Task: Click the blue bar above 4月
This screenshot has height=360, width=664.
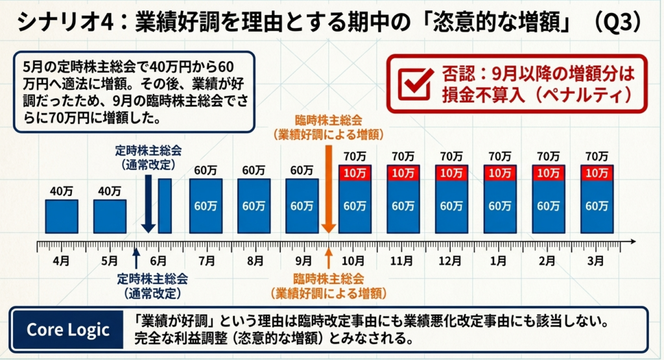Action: [61, 217]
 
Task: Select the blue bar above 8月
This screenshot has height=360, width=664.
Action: [254, 206]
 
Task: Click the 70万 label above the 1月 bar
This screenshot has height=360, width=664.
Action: [499, 156]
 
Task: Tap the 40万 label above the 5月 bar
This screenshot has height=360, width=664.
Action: [110, 191]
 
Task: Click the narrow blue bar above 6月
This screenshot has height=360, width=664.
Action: [165, 206]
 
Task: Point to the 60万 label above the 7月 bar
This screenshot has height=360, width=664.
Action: [206, 170]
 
